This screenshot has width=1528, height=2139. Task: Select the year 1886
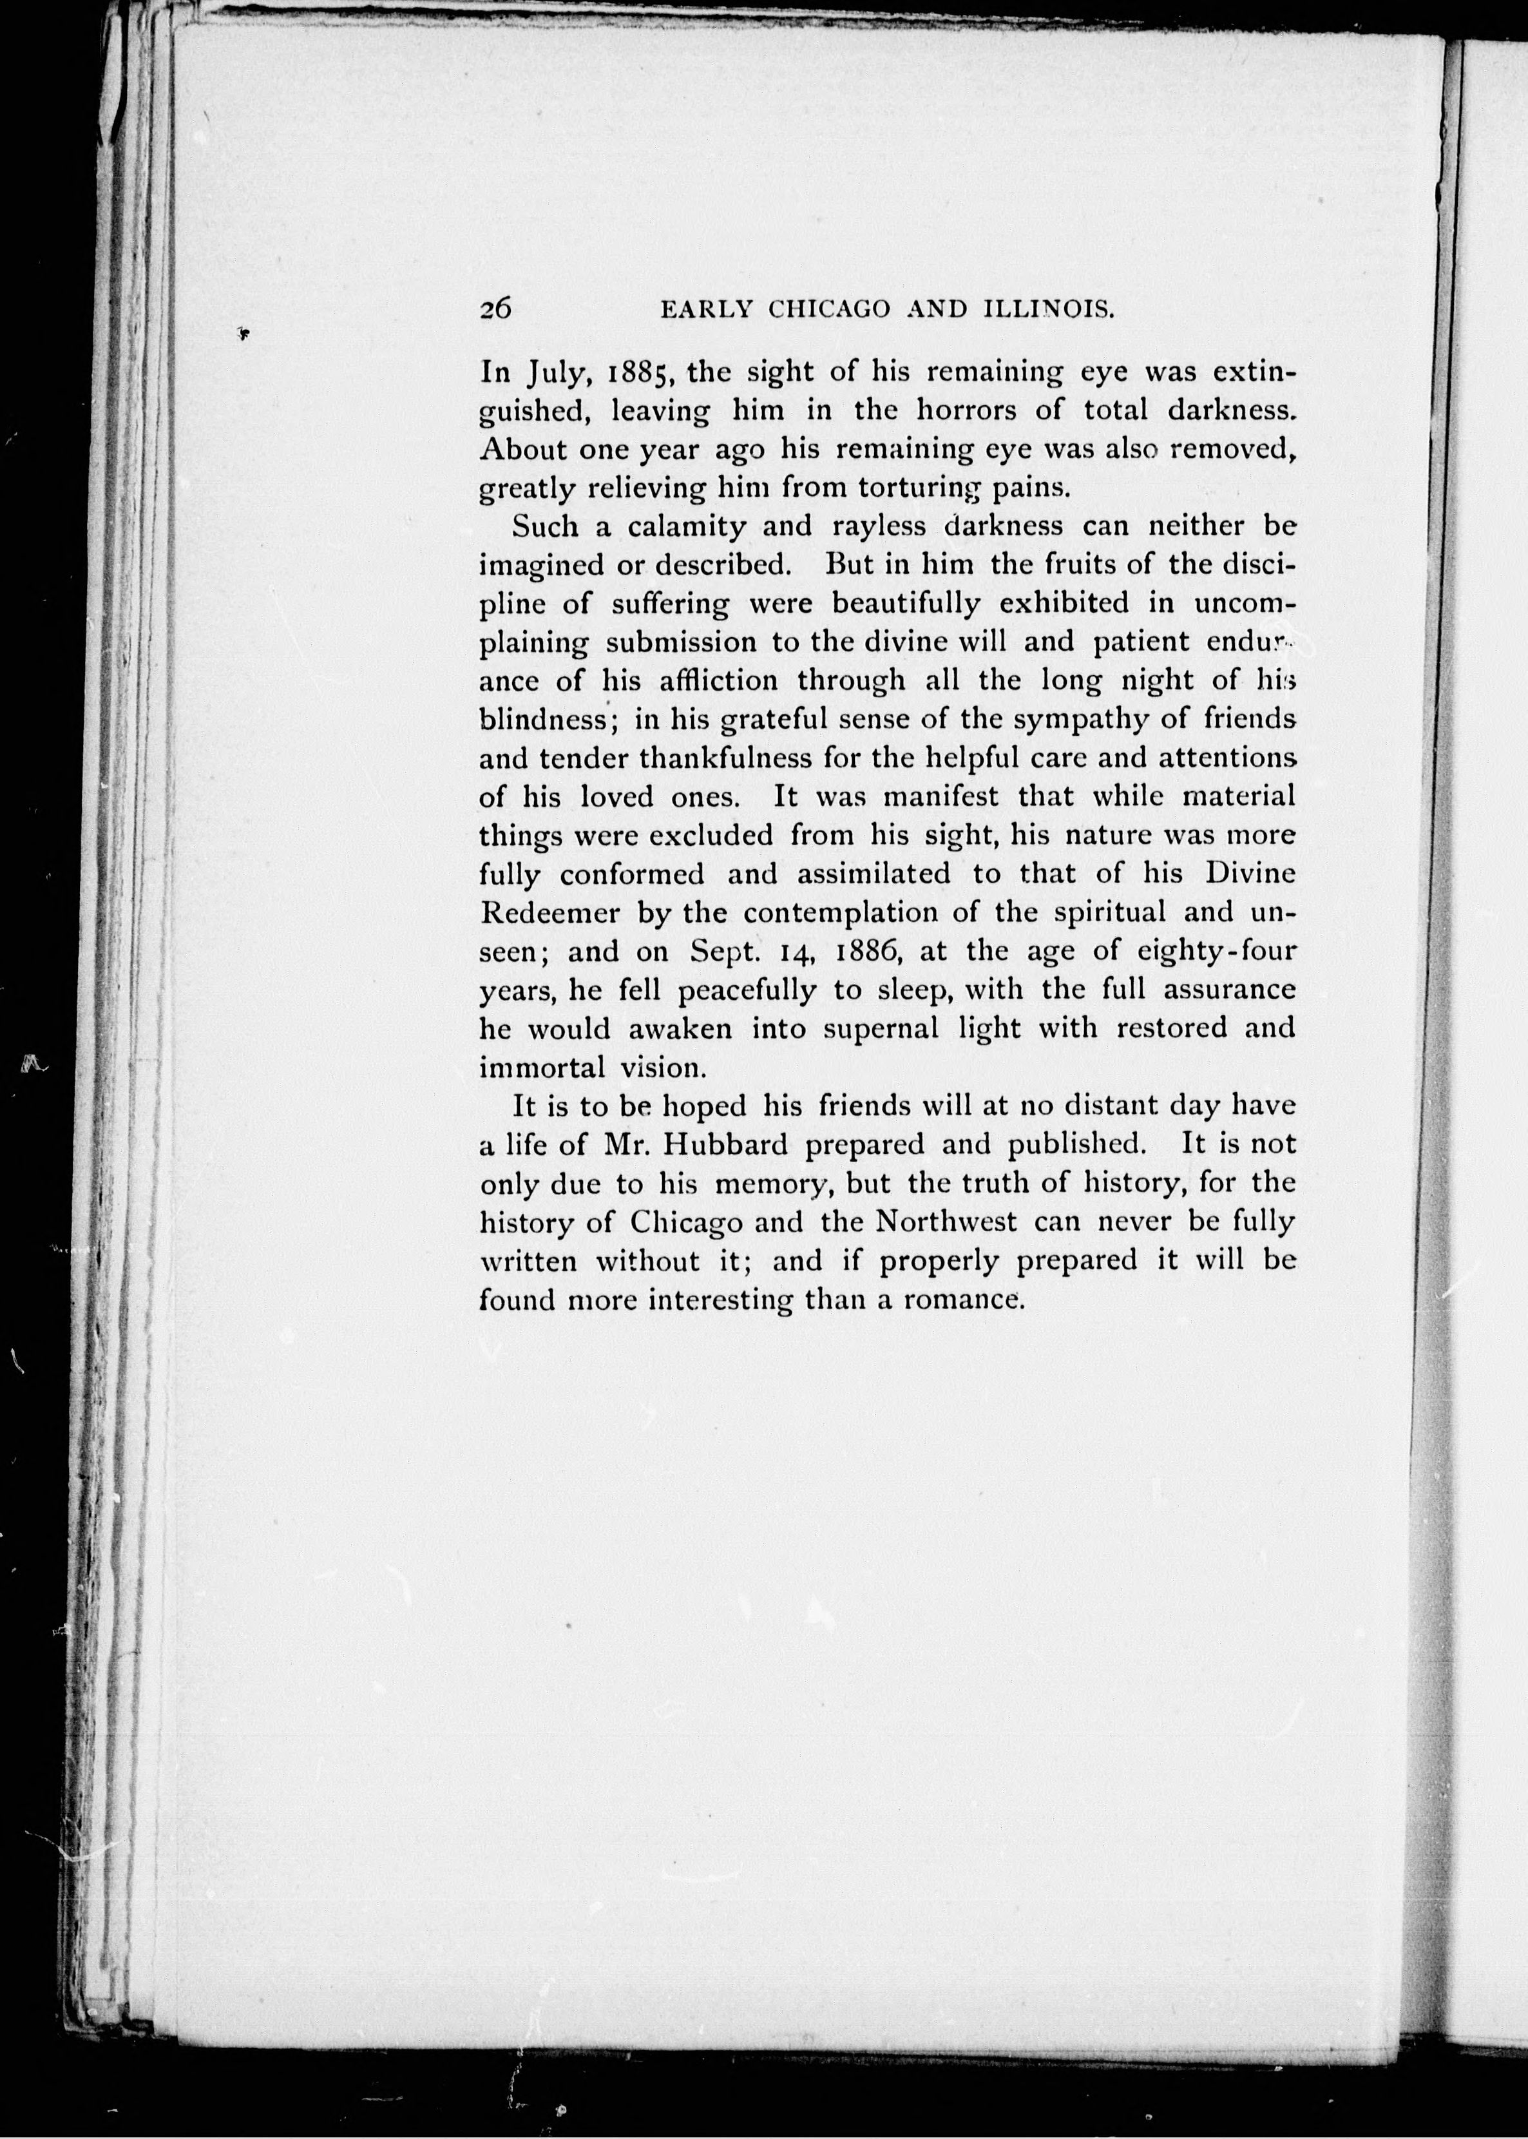(870, 952)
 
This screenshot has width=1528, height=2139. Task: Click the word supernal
(881, 1028)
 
